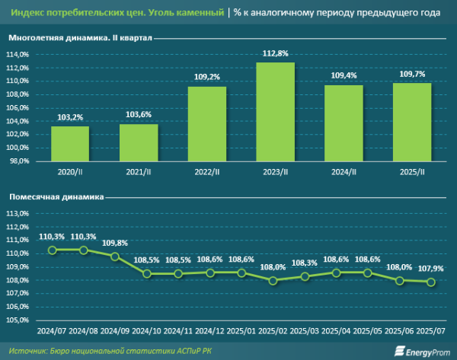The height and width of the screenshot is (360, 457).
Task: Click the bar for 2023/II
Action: pyautogui.click(x=275, y=111)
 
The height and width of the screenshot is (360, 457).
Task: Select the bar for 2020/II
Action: pyautogui.click(x=70, y=143)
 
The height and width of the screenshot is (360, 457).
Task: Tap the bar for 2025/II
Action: pyautogui.click(x=412, y=122)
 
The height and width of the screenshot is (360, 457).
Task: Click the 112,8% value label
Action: pyautogui.click(x=275, y=53)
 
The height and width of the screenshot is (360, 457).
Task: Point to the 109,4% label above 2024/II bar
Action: pyautogui.click(x=344, y=76)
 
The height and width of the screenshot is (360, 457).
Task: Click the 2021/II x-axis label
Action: pyautogui.click(x=139, y=173)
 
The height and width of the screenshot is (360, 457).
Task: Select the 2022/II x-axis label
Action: pyautogui.click(x=206, y=173)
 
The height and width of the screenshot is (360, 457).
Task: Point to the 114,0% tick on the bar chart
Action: pyautogui.click(x=18, y=55)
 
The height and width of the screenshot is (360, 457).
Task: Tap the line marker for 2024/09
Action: pyautogui.click(x=115, y=256)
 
